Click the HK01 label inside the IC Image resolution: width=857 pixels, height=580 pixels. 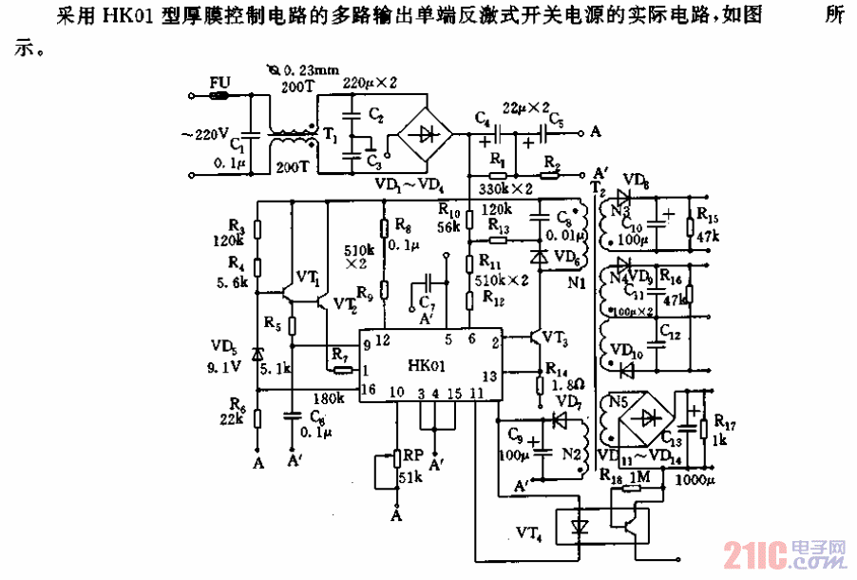pos(426,365)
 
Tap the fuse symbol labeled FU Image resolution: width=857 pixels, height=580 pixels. pos(220,95)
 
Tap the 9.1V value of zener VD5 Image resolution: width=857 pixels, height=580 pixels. pos(225,361)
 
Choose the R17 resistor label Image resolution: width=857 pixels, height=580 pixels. pos(725,417)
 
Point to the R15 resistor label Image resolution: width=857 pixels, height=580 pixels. pos(708,215)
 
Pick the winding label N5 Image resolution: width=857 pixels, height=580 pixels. pos(619,401)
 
